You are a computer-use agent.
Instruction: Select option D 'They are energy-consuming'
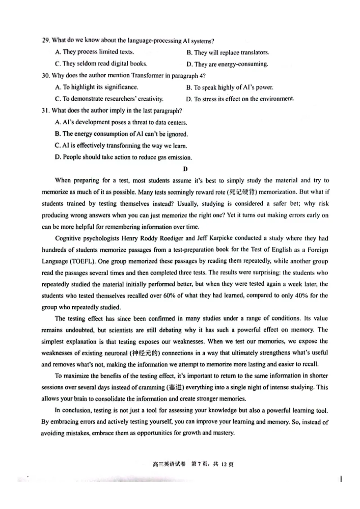pos(227,64)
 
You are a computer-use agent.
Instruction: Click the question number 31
pos(45,111)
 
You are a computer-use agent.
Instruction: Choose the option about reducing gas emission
pos(123,157)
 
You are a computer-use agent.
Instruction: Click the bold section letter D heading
pos(184,169)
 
